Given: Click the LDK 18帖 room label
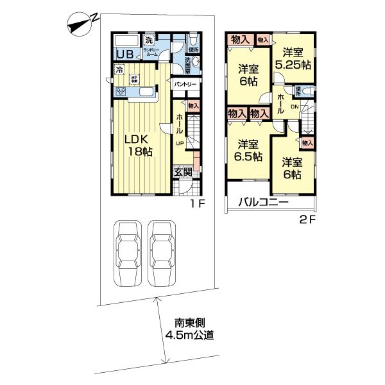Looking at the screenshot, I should (x=139, y=146).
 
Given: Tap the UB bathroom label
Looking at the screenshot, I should (x=124, y=55).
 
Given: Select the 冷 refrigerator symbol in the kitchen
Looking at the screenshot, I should (x=119, y=69).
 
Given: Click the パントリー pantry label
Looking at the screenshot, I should (x=185, y=84).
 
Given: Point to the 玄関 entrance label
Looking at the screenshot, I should (x=183, y=172).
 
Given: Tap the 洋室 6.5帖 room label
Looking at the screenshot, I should (x=246, y=150).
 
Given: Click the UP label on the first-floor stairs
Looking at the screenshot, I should (x=181, y=144).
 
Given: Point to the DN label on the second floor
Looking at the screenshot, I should (x=295, y=107).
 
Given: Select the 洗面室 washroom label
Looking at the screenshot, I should (x=182, y=64).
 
